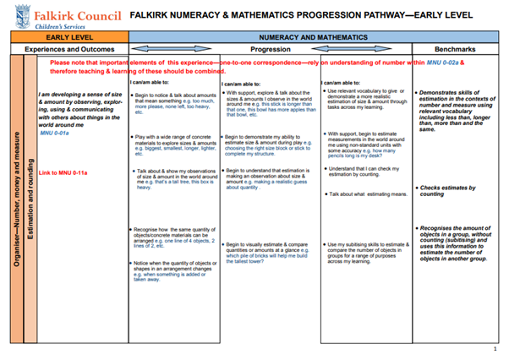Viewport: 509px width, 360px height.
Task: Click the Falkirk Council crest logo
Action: point(22,16)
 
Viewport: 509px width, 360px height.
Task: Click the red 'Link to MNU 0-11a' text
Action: point(63,172)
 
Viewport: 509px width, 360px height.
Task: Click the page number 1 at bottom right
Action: point(495,348)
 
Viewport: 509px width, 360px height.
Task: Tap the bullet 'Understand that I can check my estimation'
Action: point(364,172)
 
